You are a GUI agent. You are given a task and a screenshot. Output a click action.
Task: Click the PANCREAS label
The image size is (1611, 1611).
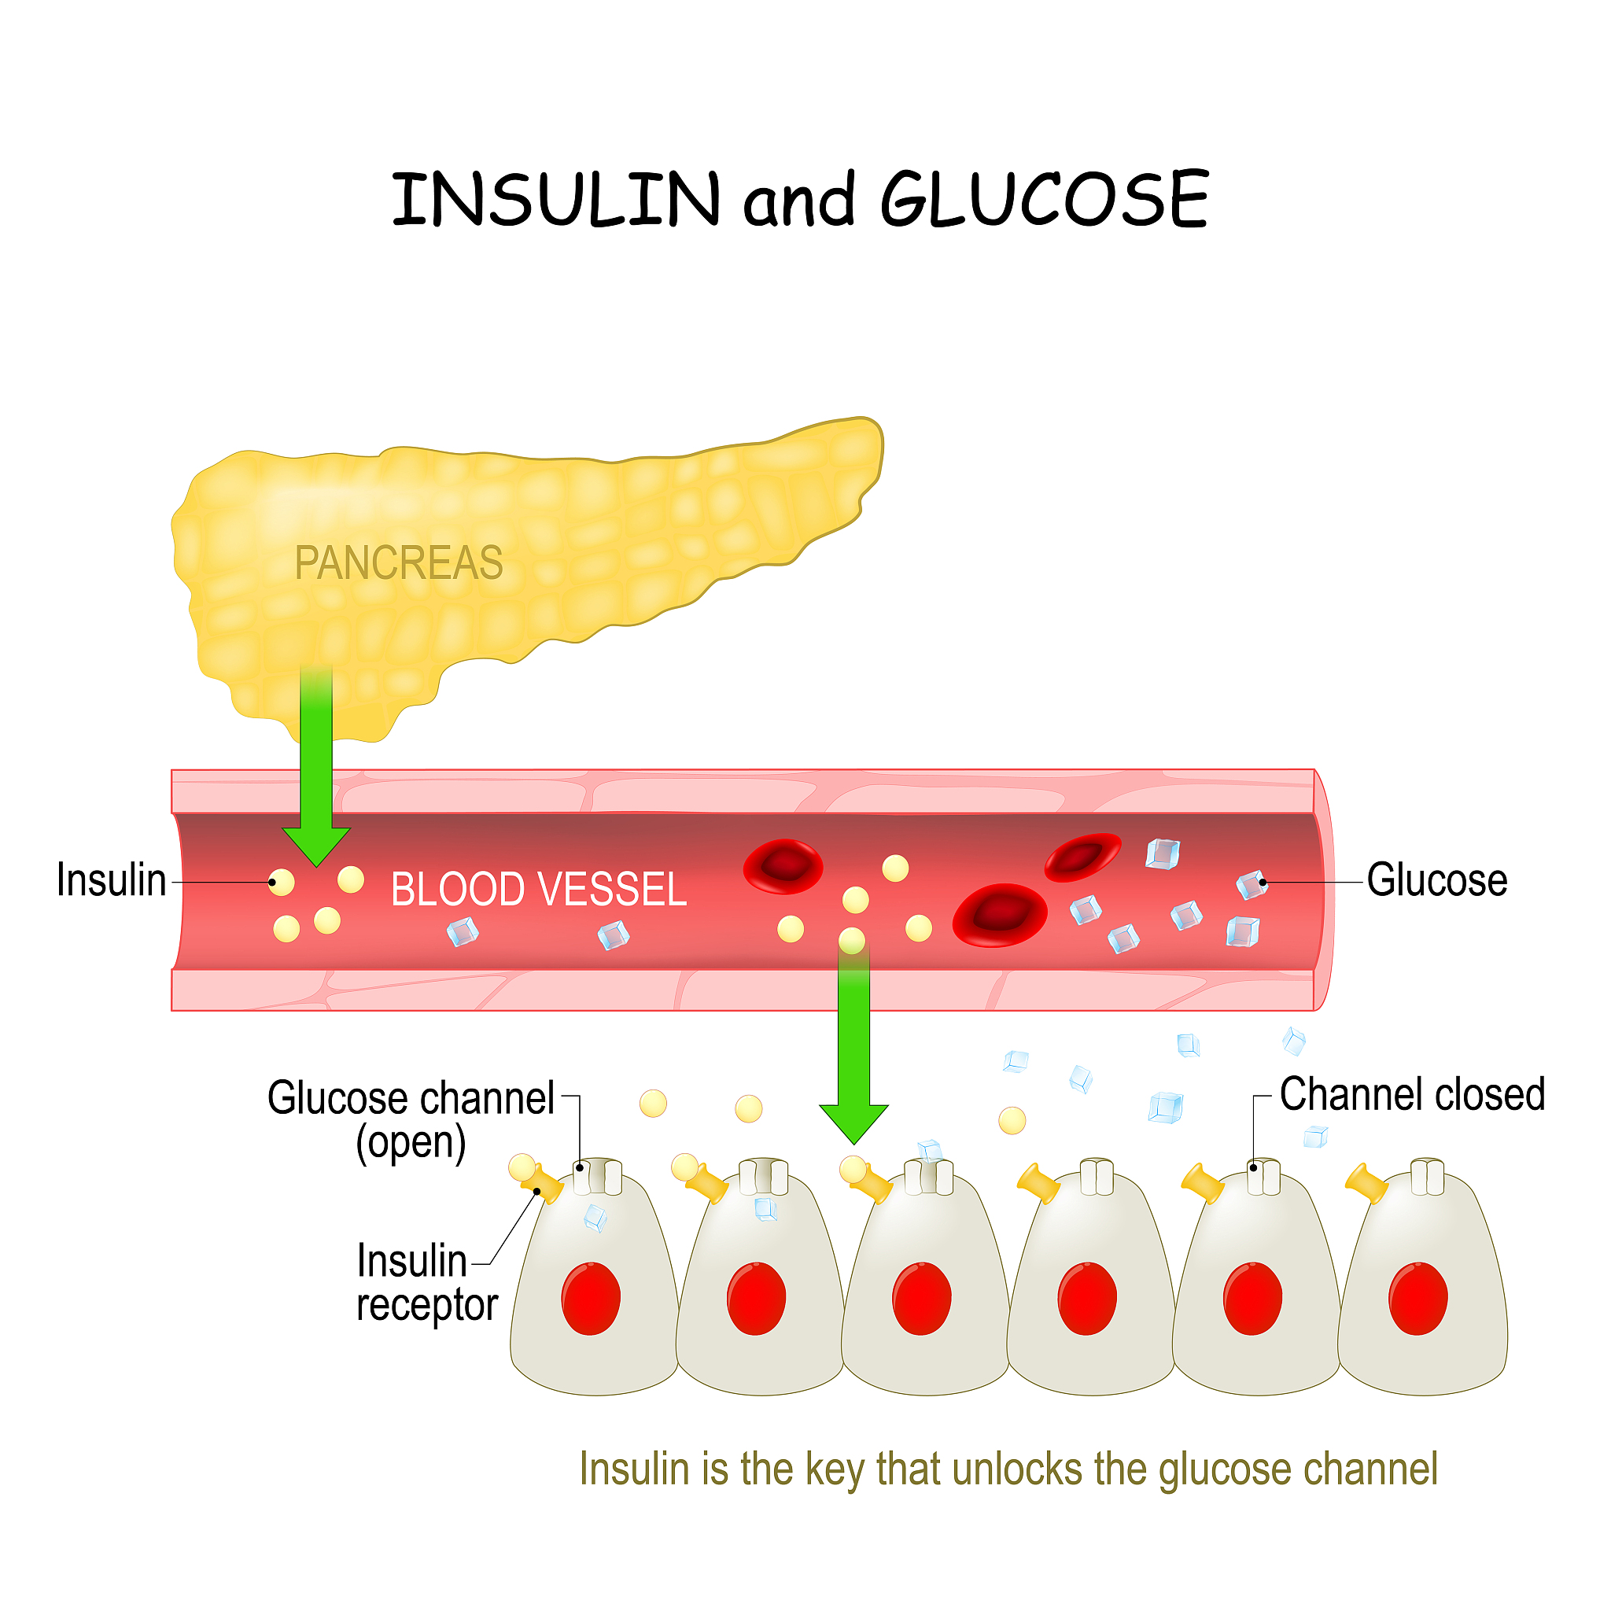399,563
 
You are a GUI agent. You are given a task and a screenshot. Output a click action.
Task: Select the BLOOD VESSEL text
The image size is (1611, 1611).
539,889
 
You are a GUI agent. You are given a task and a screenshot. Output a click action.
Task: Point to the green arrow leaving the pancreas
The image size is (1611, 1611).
316,776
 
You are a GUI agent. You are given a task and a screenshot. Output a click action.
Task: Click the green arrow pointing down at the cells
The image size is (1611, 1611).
853,1051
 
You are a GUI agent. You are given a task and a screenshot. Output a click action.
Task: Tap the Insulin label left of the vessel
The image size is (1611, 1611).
111,880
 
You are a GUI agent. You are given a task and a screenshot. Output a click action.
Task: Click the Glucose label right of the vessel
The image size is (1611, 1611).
1436,880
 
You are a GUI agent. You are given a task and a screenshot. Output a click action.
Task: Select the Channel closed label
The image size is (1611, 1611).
1412,1095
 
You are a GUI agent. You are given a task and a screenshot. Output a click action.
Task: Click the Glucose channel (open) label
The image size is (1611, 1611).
411,1120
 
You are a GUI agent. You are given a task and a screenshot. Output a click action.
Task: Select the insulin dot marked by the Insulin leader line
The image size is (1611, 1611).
281,883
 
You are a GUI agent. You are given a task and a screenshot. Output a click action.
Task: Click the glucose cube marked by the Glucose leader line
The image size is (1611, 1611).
1251,885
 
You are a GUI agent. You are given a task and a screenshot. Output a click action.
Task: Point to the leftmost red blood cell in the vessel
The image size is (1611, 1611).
783,866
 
